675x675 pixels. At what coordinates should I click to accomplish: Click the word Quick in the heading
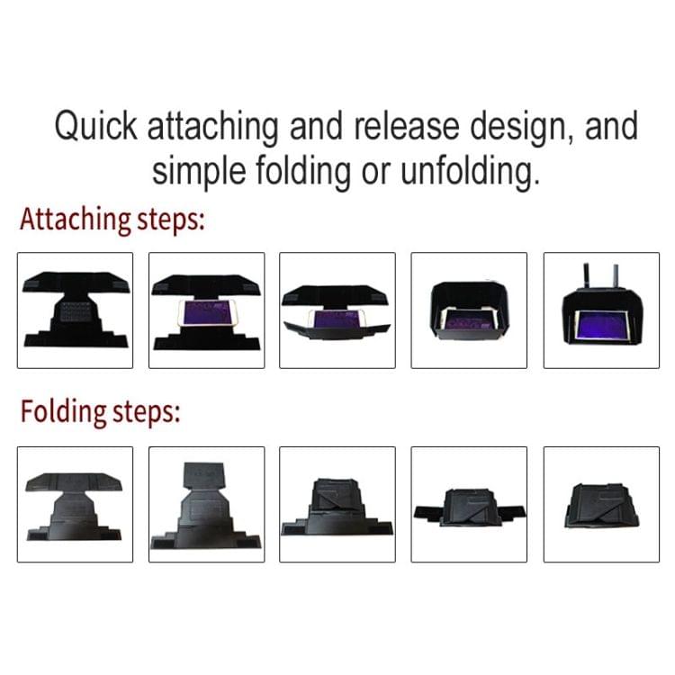point(95,126)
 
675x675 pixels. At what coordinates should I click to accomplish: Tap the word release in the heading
point(407,126)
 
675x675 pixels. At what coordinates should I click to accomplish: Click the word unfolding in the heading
point(470,172)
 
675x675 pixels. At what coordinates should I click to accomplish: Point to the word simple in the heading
point(199,172)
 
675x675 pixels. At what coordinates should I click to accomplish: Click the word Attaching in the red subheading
point(75,220)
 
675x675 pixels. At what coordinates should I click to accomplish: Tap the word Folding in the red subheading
point(63,412)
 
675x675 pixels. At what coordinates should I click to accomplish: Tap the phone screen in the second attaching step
point(205,312)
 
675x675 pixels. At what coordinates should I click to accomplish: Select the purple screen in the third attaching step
point(337,319)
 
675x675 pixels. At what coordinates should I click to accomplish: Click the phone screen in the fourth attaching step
point(470,320)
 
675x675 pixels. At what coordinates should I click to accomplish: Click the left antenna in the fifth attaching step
point(586,276)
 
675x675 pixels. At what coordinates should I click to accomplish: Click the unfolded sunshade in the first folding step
point(75,507)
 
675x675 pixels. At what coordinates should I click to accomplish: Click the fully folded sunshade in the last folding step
point(602,506)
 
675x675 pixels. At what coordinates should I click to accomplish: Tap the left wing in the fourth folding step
point(427,512)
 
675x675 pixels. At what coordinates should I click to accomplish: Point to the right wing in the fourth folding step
point(512,511)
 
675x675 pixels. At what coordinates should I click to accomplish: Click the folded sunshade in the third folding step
point(337,507)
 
